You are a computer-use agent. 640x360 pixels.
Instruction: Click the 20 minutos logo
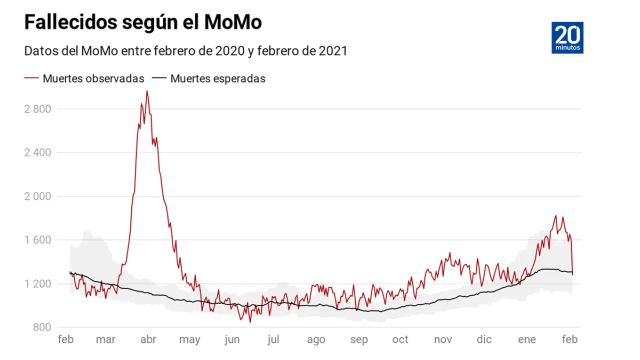[x=567, y=37]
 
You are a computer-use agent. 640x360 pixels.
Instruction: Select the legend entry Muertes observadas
[x=93, y=78]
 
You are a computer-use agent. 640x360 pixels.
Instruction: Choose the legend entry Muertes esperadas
[x=217, y=78]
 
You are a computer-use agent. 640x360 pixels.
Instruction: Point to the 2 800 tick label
[x=37, y=109]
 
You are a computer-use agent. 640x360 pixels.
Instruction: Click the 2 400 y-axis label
[x=37, y=152]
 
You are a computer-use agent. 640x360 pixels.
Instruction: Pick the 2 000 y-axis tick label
[x=37, y=196]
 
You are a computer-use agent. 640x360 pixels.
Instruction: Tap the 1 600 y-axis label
[x=37, y=240]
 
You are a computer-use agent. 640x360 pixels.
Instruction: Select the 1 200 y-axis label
[x=37, y=283]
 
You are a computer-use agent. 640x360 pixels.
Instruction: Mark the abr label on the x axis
[x=148, y=340]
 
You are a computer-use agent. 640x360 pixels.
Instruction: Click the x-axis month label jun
[x=231, y=340]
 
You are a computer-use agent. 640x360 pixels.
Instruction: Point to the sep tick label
[x=359, y=340]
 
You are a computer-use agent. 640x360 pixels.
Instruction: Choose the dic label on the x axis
[x=484, y=340]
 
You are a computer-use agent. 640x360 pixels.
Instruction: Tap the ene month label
[x=527, y=340]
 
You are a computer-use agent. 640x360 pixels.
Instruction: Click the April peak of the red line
[x=146, y=91]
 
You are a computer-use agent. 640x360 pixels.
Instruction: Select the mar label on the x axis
[x=105, y=340]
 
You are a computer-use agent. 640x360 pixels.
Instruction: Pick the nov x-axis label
[x=443, y=340]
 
